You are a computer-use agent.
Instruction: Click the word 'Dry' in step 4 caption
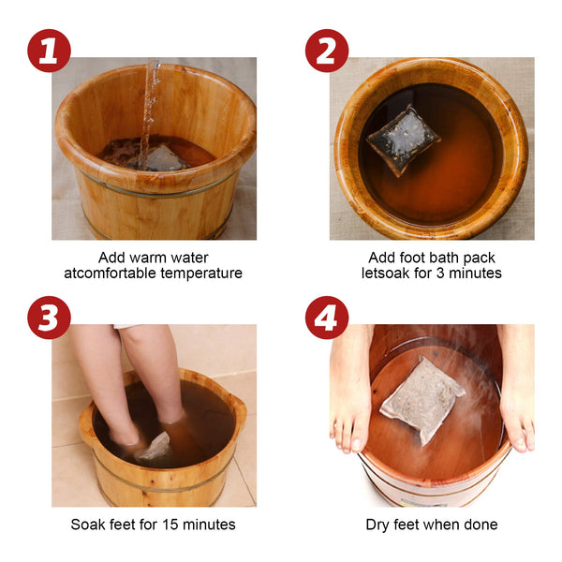point(378,525)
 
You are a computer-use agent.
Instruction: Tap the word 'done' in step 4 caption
point(479,525)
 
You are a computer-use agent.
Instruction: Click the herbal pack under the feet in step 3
point(155,446)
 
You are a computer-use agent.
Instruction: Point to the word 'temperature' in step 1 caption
point(200,274)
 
